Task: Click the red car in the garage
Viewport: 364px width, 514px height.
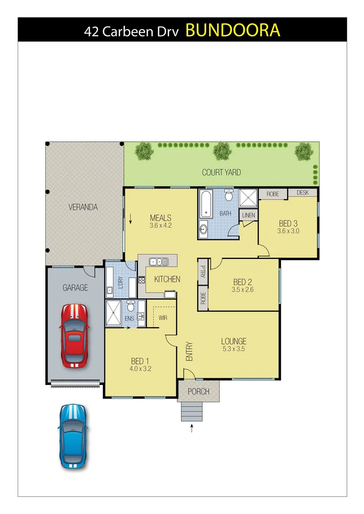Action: click(x=73, y=336)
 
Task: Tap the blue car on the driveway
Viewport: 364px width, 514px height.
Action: click(x=73, y=436)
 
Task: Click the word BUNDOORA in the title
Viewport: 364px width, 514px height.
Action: click(x=233, y=30)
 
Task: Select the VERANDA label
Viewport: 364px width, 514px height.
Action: click(x=83, y=208)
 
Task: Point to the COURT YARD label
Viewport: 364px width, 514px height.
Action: click(x=221, y=172)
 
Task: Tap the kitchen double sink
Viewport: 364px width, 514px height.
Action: click(x=158, y=261)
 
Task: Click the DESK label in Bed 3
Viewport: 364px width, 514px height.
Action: click(x=303, y=193)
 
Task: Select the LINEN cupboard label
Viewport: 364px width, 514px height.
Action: click(x=249, y=216)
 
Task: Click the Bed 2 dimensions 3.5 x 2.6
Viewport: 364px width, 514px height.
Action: click(x=243, y=289)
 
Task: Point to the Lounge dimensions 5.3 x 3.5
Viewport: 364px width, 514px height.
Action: click(x=233, y=349)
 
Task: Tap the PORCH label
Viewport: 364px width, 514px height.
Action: click(x=199, y=392)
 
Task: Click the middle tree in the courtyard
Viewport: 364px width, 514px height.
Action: click(x=222, y=152)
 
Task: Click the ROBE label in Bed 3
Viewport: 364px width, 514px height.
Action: click(x=273, y=194)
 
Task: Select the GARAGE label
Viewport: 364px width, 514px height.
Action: click(x=75, y=287)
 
